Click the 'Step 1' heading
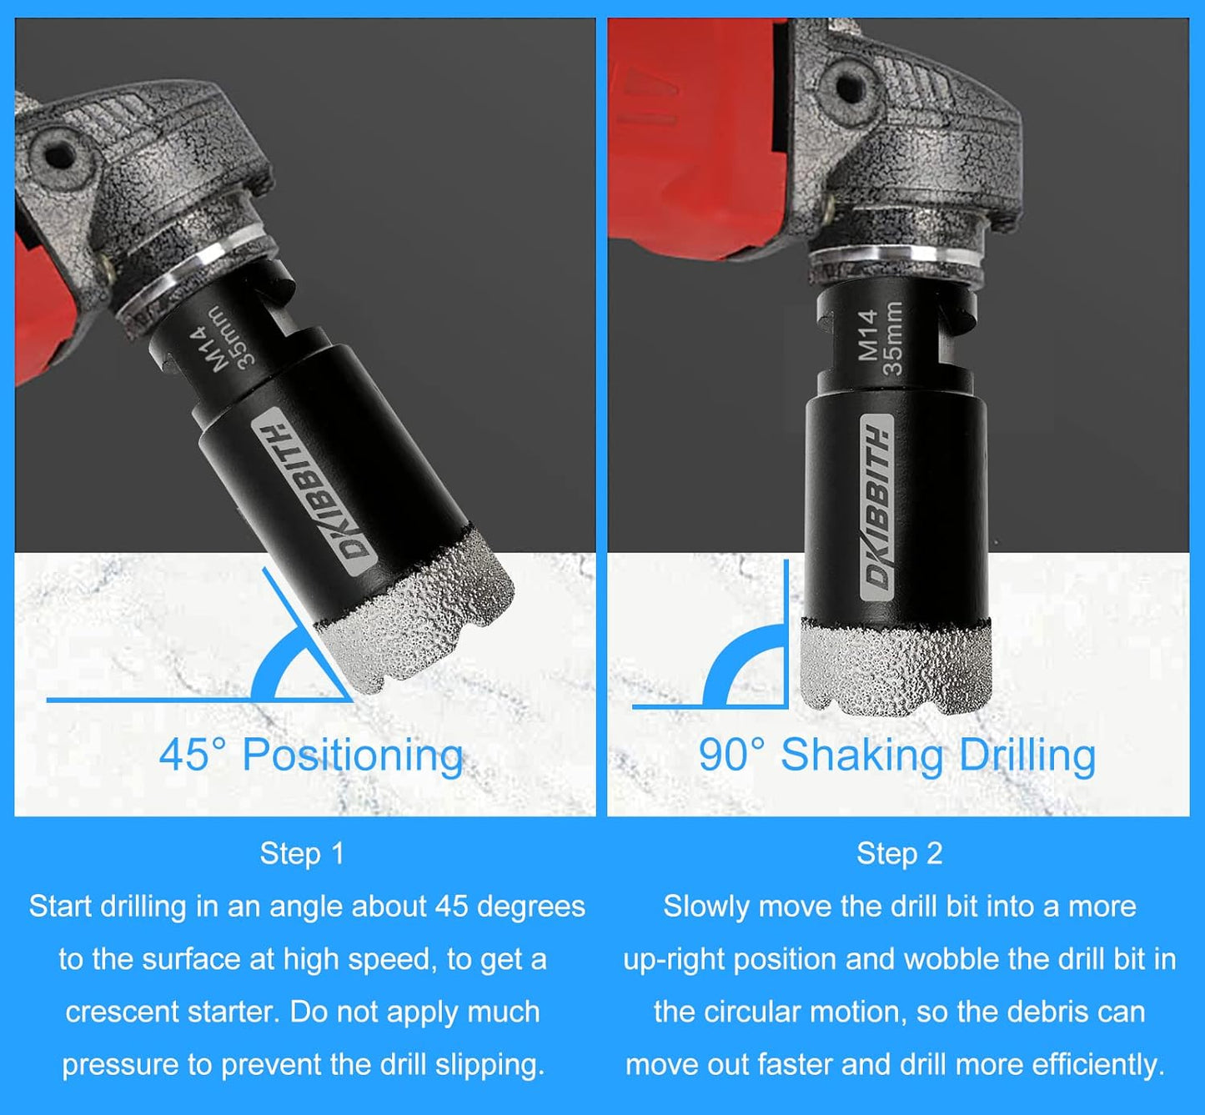tap(302, 854)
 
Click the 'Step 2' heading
tap(899, 854)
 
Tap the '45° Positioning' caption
tap(311, 756)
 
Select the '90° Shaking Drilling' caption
tap(896, 756)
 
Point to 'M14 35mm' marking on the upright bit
tap(881, 338)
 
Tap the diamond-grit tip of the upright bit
tap(896, 667)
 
